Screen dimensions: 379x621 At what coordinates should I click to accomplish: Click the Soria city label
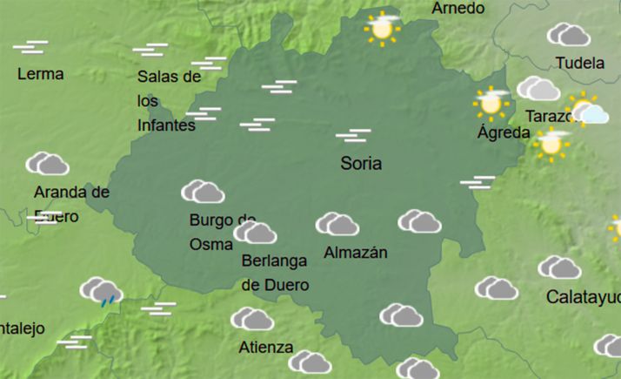tap(361, 163)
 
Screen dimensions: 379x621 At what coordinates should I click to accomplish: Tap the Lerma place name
tap(40, 74)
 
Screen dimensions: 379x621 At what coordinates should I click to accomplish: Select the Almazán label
tap(355, 253)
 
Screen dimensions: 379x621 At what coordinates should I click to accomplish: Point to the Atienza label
tap(265, 348)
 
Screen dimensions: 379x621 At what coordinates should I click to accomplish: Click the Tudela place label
tap(579, 63)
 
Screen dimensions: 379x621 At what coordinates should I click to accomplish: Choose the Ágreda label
tap(504, 132)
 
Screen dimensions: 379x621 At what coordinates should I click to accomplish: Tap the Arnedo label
tap(457, 8)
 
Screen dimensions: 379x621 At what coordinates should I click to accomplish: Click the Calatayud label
tap(583, 297)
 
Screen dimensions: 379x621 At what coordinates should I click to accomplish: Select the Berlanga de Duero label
tap(275, 273)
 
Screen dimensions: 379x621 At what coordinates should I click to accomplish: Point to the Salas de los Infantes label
tap(169, 100)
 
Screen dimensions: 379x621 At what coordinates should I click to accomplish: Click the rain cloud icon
tap(102, 291)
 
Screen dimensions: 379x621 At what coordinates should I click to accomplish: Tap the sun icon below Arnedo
tap(381, 28)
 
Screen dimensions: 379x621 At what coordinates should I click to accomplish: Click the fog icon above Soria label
tap(353, 135)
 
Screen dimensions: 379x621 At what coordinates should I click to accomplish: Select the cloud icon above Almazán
tap(337, 225)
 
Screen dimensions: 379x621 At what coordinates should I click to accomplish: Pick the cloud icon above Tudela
tap(569, 35)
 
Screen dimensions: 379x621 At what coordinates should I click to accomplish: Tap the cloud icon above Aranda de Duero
tap(48, 163)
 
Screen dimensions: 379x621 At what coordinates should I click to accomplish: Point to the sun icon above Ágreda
tap(491, 102)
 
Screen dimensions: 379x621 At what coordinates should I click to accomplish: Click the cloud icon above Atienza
tap(252, 319)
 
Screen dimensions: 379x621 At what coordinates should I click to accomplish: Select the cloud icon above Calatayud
tap(559, 267)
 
